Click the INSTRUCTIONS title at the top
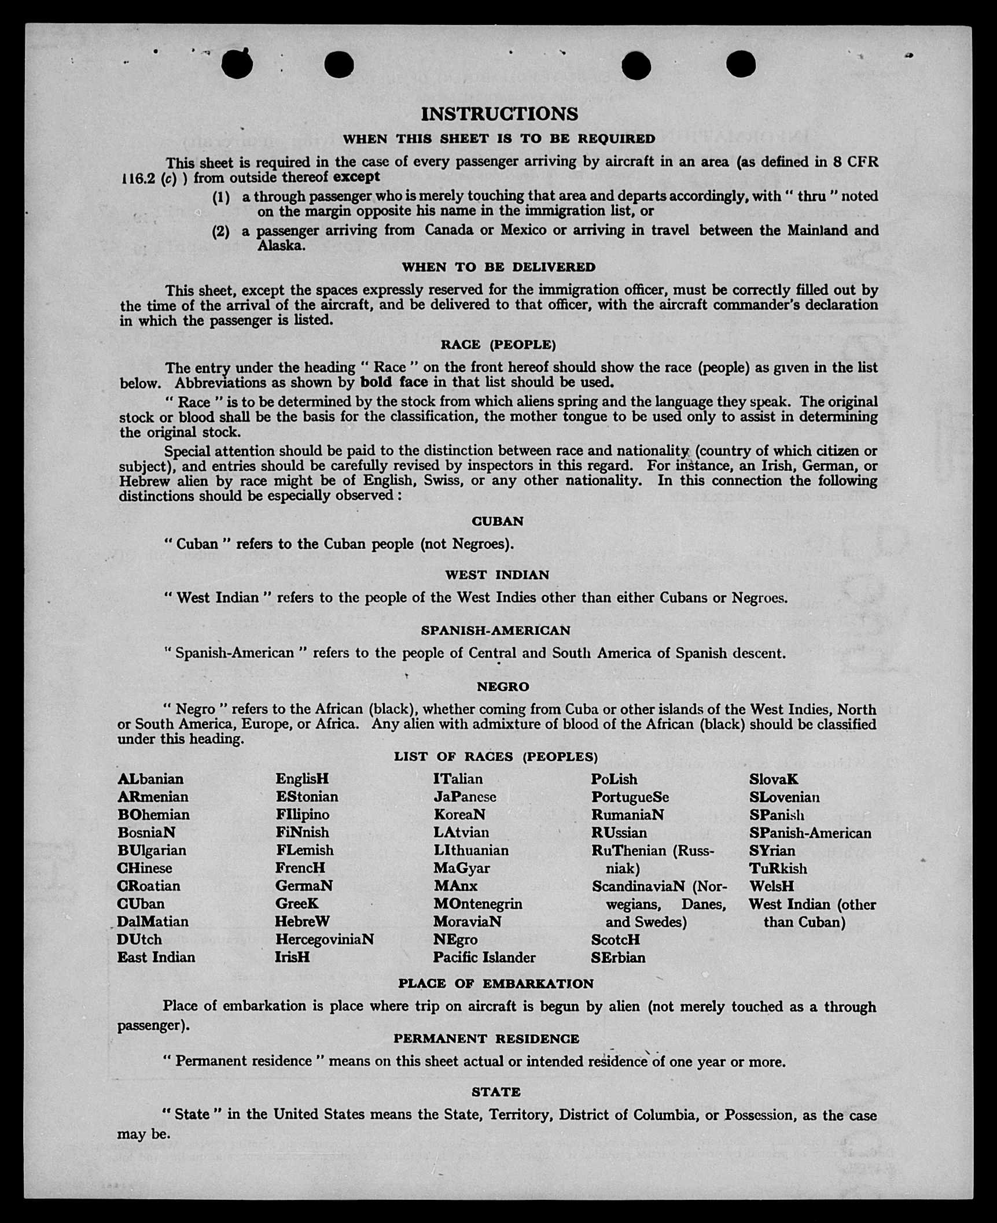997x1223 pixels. click(499, 114)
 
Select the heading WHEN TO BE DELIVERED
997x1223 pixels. click(498, 267)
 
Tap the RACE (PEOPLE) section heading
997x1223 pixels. click(498, 345)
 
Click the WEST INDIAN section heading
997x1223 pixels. click(497, 575)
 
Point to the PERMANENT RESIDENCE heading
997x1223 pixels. click(486, 1039)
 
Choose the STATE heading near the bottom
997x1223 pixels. click(496, 1092)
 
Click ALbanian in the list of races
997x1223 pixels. click(150, 779)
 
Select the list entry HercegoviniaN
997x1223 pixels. click(324, 940)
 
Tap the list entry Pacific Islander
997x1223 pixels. click(484, 958)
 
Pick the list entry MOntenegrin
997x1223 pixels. click(477, 904)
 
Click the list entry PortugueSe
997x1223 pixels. click(630, 797)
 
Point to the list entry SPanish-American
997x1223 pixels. click(810, 833)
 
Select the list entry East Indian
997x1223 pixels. click(156, 958)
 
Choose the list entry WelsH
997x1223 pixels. click(771, 886)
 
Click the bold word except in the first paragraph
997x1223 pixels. click(356, 177)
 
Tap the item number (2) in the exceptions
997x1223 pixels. click(220, 231)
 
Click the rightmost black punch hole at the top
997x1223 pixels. click(741, 64)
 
